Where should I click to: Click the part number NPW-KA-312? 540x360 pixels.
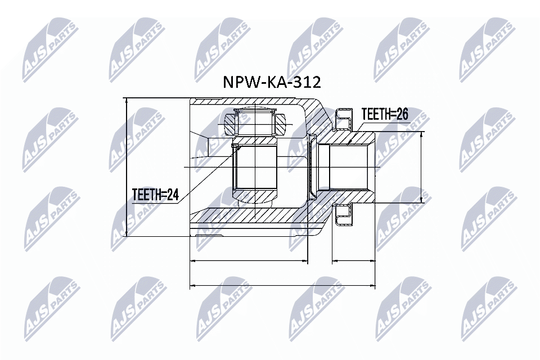pos(272,83)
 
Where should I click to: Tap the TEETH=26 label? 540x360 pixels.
pos(384,114)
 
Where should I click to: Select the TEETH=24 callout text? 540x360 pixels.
pos(155,195)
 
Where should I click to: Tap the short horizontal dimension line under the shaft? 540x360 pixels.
pos(354,261)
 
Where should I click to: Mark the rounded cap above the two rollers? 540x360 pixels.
pos(255,111)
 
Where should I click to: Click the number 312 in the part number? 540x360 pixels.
pos(307,83)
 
